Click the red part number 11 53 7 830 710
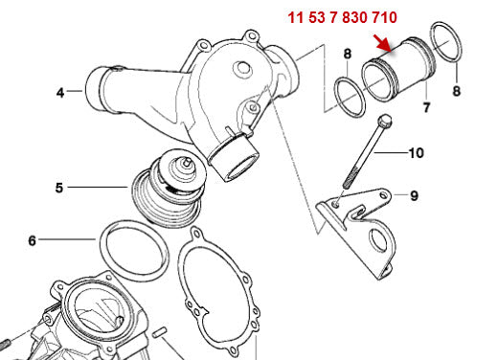tap(344, 17)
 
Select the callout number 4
tap(60, 93)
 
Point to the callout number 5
tap(59, 188)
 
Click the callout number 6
tap(32, 241)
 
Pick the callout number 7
tap(426, 108)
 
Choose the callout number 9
tap(415, 195)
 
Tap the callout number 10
tap(416, 152)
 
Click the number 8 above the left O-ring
tap(348, 55)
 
